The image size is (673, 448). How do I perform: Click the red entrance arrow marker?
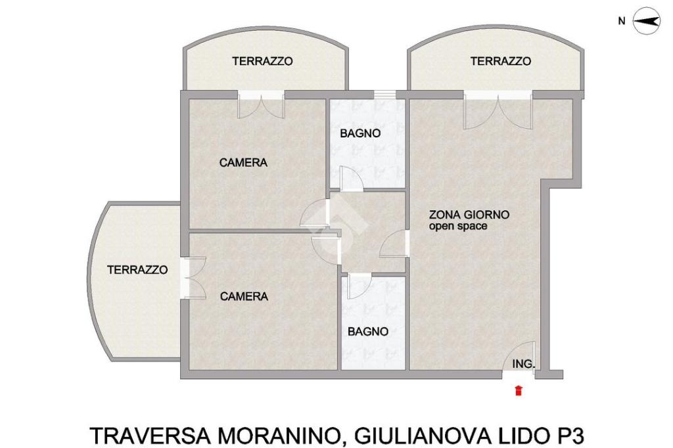(519, 390)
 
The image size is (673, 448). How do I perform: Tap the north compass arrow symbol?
(647, 21)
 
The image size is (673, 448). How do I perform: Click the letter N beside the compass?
(622, 20)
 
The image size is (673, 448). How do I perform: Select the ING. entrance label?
(523, 364)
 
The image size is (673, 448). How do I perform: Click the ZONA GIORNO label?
(469, 215)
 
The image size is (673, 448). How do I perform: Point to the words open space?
(458, 226)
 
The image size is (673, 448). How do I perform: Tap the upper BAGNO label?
(360, 133)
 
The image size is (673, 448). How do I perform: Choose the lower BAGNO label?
(368, 332)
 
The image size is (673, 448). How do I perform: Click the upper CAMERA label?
(243, 163)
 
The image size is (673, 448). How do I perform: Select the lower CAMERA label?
(244, 296)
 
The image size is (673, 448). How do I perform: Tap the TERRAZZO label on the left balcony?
(137, 270)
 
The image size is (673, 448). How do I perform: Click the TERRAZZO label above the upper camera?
(263, 61)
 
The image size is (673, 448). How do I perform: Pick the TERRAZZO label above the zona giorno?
(501, 61)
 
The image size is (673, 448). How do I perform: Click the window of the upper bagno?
(384, 95)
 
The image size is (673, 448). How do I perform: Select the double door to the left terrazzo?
(193, 278)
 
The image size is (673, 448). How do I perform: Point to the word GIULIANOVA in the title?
(423, 436)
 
